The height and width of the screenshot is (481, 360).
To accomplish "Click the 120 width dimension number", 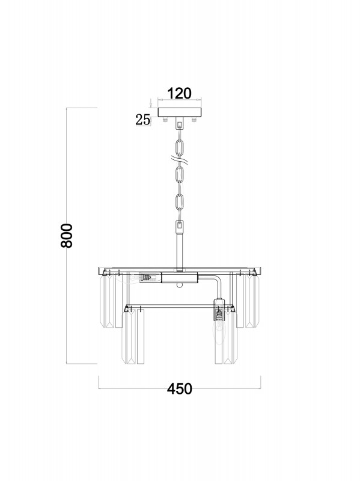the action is pos(179,93).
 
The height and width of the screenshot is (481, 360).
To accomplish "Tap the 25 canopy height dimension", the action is pos(143,120).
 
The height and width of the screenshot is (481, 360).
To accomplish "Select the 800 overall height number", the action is pos(67,236).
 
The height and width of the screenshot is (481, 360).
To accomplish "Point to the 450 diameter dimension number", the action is pos(179,388).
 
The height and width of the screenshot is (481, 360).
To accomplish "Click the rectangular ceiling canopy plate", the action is pos(179,112).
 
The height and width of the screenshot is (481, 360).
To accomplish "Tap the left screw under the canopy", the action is pos(165,119).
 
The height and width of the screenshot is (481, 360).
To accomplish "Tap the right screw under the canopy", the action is pos(194,119).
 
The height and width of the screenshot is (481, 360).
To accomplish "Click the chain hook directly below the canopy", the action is pos(179,124).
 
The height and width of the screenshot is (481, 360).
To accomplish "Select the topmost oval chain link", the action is pos(179,147).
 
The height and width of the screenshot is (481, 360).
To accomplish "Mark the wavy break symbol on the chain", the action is pos(180,160).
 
